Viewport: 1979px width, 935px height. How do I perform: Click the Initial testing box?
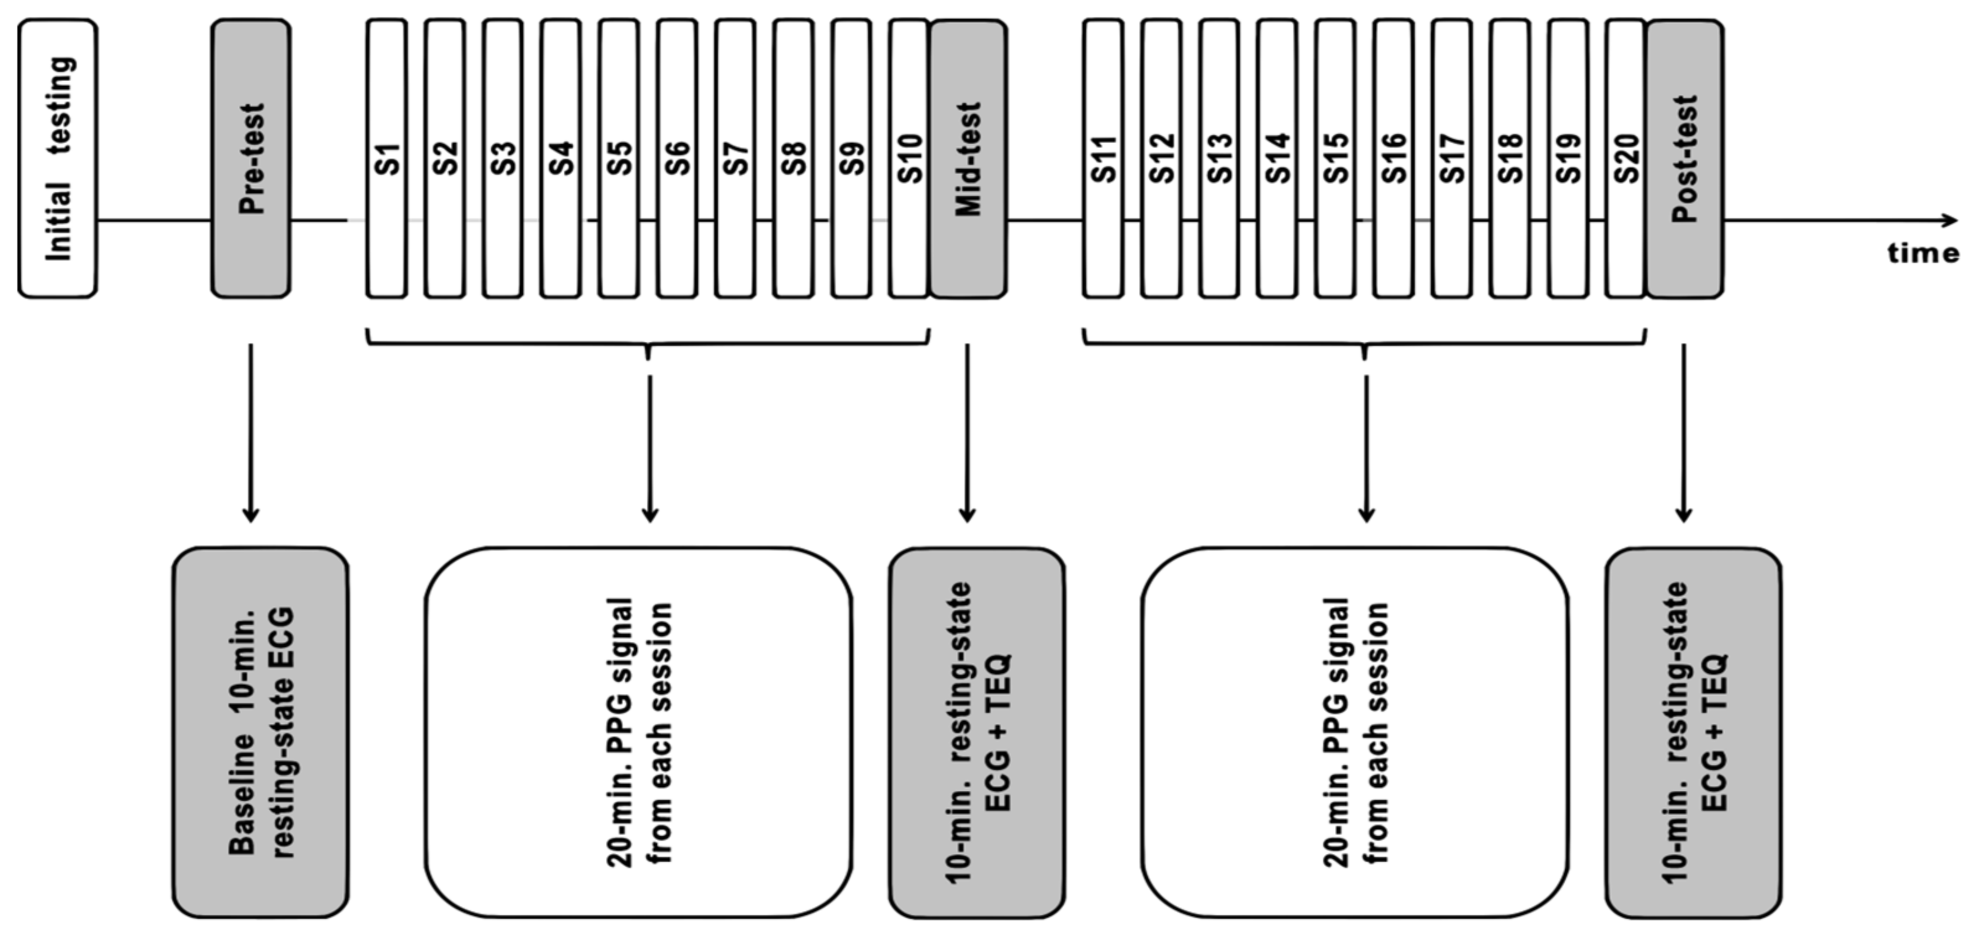click(58, 158)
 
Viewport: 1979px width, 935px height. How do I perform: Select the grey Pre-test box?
click(251, 158)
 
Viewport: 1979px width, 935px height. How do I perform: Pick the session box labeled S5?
click(619, 158)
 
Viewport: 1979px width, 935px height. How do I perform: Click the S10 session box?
click(909, 158)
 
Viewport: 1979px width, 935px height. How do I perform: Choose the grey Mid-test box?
click(968, 158)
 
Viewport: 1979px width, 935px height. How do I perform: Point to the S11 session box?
click(1103, 158)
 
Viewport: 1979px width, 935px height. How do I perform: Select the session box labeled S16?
click(1394, 158)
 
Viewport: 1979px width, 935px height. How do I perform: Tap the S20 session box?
click(1626, 158)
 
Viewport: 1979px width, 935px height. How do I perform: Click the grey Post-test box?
click(1685, 158)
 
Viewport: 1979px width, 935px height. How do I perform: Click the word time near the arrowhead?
click(1923, 254)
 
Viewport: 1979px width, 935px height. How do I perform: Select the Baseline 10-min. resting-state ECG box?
click(261, 732)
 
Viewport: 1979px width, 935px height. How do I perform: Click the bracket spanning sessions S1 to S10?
click(649, 341)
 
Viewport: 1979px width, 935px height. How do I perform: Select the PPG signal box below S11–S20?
click(1355, 732)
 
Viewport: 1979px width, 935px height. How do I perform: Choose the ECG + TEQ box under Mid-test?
click(977, 732)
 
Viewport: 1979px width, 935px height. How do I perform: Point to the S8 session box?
click(793, 158)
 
